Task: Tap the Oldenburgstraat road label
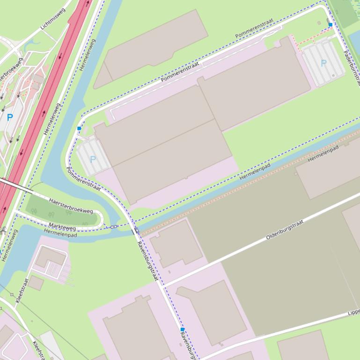[x=285, y=230]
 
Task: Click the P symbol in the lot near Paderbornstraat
[x=323, y=63]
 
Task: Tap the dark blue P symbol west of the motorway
[x=10, y=117]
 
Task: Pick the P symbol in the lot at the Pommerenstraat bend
[x=93, y=159]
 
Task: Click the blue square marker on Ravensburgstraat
[x=183, y=330]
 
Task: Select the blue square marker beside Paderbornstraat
[x=331, y=25]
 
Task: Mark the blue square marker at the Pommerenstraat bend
[x=79, y=128]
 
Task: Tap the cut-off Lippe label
[x=353, y=312]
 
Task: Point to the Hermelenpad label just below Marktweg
[x=60, y=233]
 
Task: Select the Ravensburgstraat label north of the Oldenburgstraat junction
[x=147, y=261]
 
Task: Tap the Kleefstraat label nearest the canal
[x=22, y=290]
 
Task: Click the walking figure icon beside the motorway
[x=4, y=230]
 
